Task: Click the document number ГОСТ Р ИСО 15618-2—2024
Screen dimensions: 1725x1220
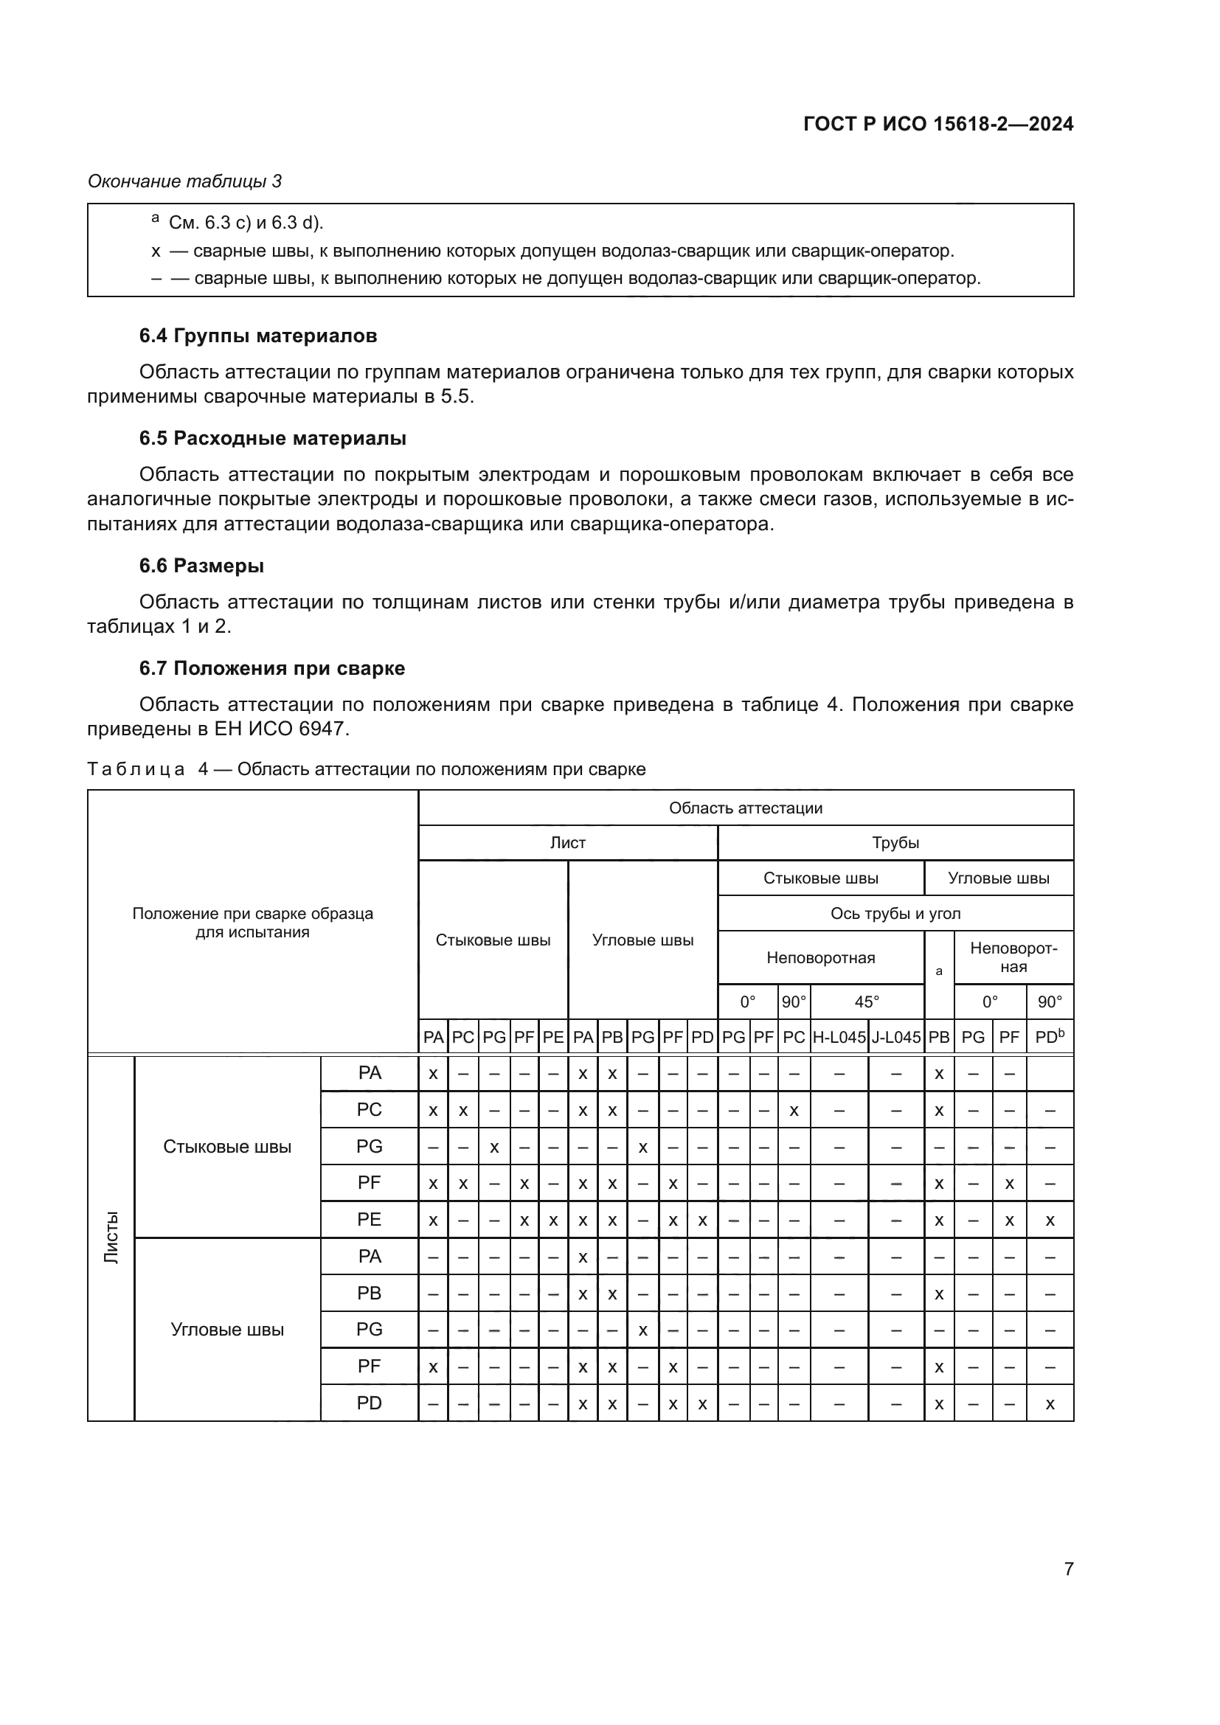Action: tap(937, 124)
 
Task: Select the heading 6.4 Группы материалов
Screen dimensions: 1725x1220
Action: tap(257, 336)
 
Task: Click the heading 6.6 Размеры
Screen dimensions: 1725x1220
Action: tap(201, 566)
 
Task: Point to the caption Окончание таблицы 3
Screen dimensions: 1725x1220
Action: tap(185, 181)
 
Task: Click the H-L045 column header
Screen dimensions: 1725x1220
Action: tap(839, 1038)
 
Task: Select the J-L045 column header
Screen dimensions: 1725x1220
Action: tap(895, 1038)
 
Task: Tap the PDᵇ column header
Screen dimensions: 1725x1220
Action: tap(1050, 1038)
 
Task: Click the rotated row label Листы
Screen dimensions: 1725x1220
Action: tap(111, 1238)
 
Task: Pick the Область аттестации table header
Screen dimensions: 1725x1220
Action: tap(745, 808)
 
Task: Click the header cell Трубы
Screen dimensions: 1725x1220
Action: tap(895, 843)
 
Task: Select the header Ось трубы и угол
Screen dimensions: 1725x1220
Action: tap(895, 914)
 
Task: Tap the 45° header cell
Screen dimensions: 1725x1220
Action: tap(866, 1002)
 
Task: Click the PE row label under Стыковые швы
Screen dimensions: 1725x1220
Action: tap(369, 1219)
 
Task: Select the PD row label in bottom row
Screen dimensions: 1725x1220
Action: tap(369, 1403)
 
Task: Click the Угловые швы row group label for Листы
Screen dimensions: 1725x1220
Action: tap(227, 1329)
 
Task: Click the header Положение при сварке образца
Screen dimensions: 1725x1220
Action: tap(252, 914)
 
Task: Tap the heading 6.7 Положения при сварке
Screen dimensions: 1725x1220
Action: tap(272, 669)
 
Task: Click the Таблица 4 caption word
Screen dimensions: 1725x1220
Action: tap(136, 769)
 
